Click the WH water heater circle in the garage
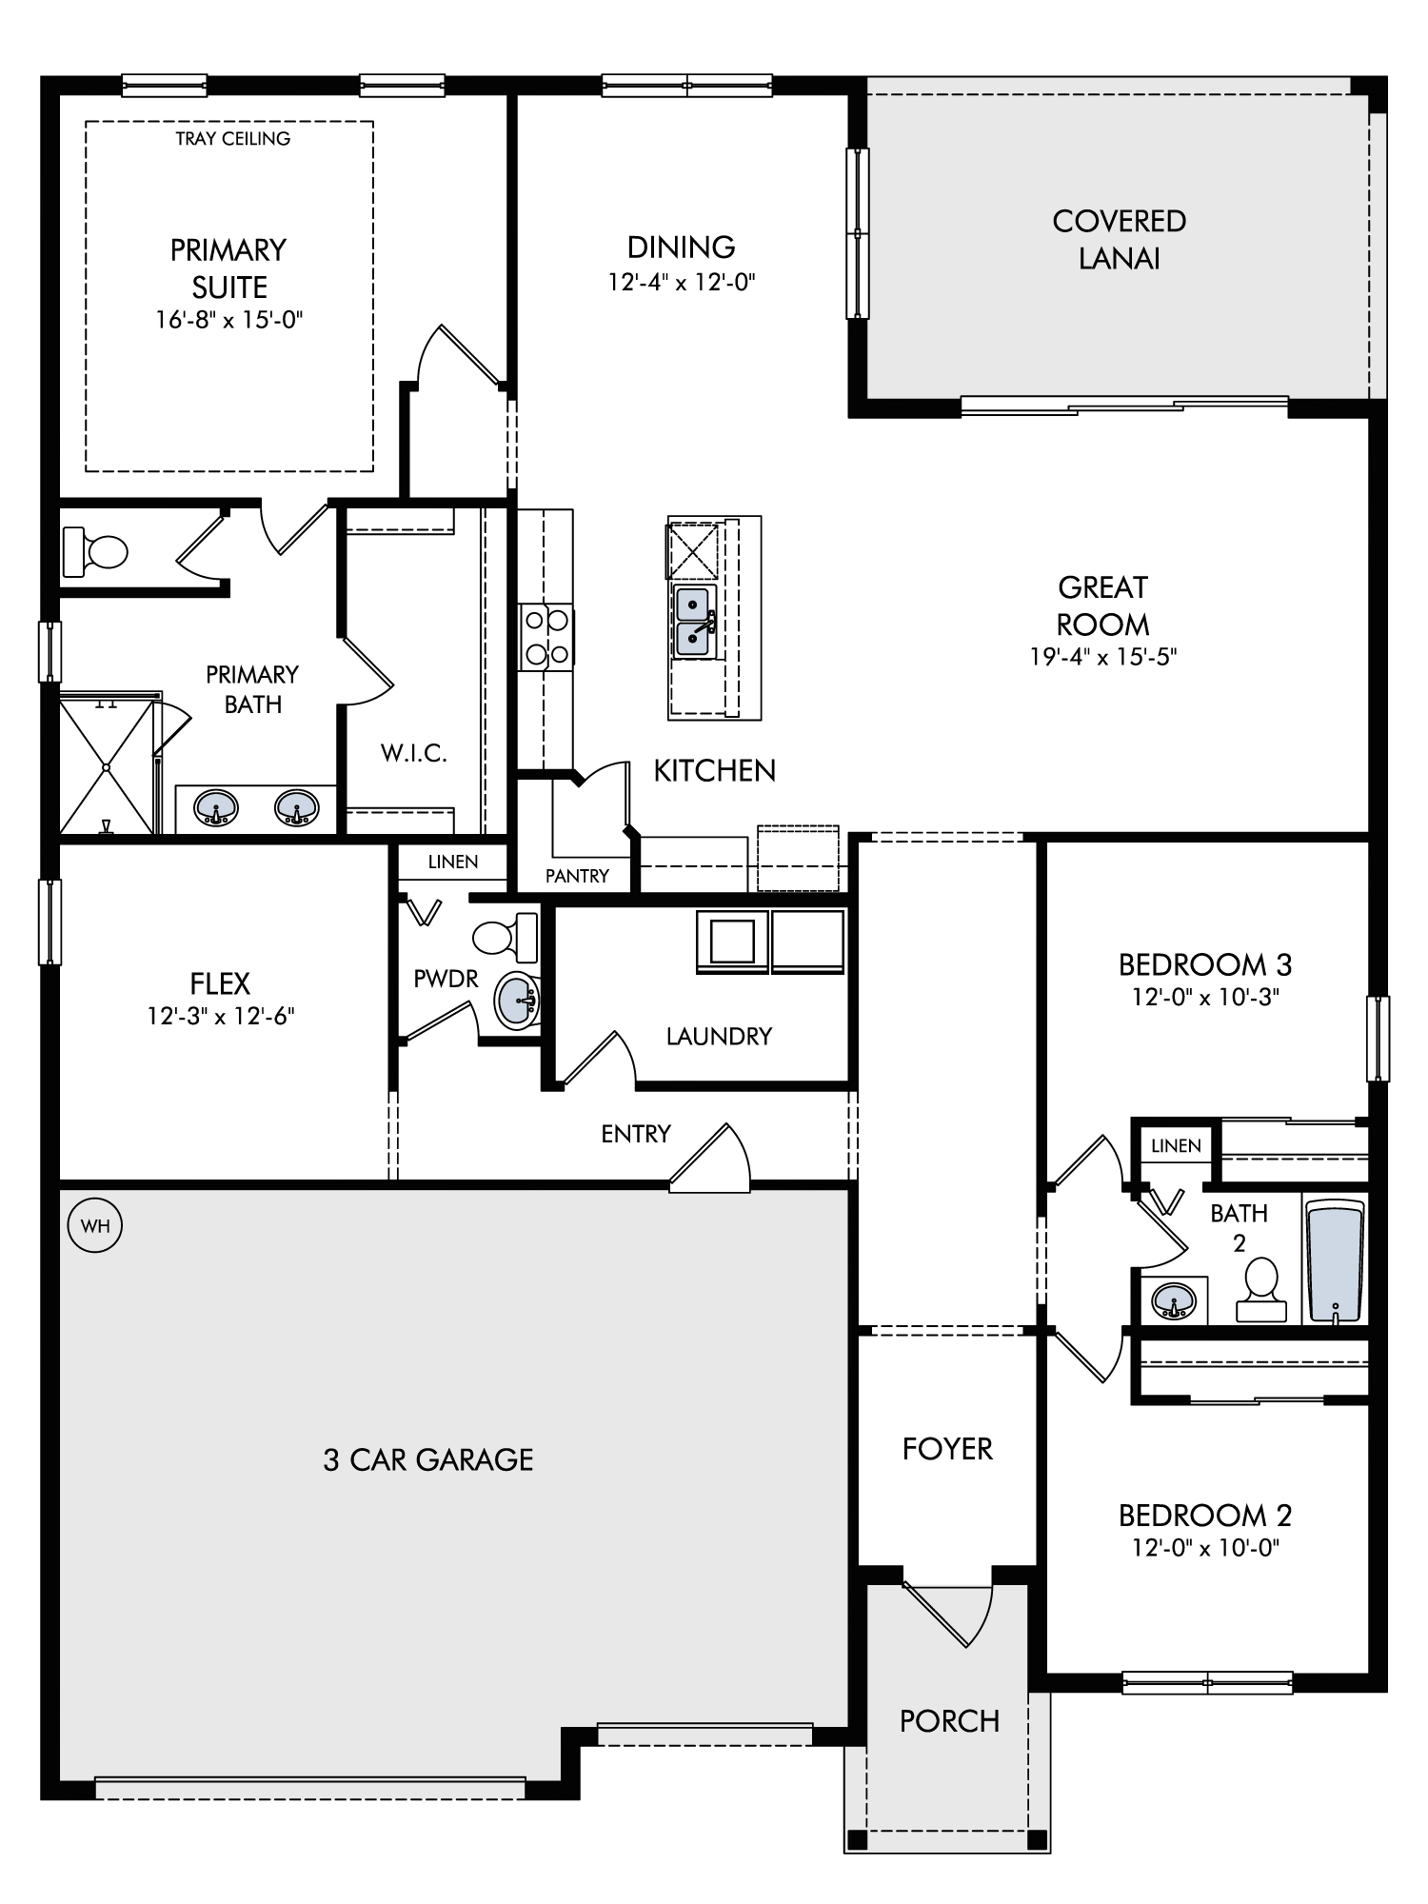tap(95, 1225)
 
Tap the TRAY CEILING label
tap(233, 139)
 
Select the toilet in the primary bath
tap(95, 551)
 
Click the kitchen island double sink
tap(694, 622)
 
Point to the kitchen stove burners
tap(546, 637)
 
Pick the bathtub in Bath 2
tap(1337, 1261)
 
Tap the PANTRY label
tap(577, 876)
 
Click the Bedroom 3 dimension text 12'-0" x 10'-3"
tap(1204, 998)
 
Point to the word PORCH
tap(950, 1721)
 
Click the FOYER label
tap(947, 1449)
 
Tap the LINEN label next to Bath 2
tap(1176, 1145)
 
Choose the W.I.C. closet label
tap(414, 753)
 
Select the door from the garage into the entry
tap(710, 1158)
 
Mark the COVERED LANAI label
tap(1120, 240)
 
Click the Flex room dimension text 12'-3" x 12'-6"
tap(221, 1016)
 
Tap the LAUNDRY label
tap(719, 1036)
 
